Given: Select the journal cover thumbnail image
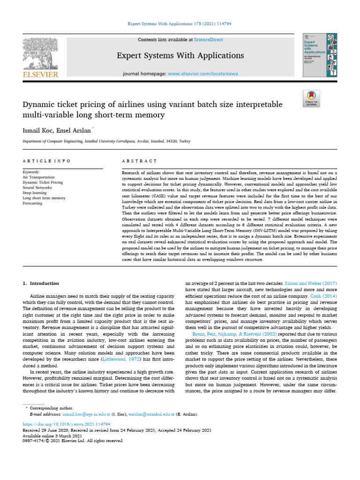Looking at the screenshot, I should pos(320,55).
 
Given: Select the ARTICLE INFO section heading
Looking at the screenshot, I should pos(46,161).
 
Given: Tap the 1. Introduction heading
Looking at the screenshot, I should pos(41,284).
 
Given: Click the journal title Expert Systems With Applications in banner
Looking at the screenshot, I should pos(180,56).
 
